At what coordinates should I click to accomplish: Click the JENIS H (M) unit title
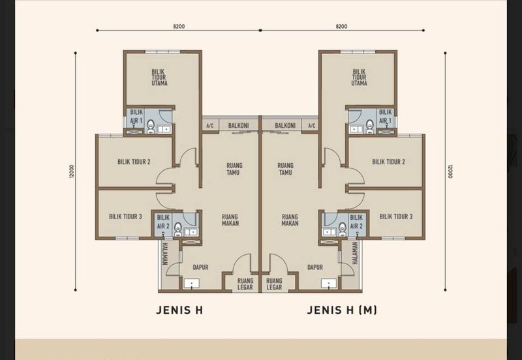coord(342,310)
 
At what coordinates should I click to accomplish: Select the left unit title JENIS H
coord(179,310)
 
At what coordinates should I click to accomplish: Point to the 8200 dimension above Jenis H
coord(179,26)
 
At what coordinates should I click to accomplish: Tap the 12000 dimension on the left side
coord(70,172)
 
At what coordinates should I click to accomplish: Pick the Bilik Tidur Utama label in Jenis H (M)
coord(359,78)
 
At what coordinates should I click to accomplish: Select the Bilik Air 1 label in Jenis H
coord(136,117)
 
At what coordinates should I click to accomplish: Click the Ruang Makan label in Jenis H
coord(230,220)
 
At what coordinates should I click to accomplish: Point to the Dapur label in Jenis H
coord(200,267)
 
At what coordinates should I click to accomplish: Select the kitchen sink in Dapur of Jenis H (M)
coord(328,283)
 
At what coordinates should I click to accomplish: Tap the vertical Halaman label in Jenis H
coord(166,254)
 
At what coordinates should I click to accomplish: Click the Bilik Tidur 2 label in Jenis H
coord(134,162)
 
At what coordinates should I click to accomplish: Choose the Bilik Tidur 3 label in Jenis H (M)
coord(396,217)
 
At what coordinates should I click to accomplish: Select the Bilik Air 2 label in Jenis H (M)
coord(356,222)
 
